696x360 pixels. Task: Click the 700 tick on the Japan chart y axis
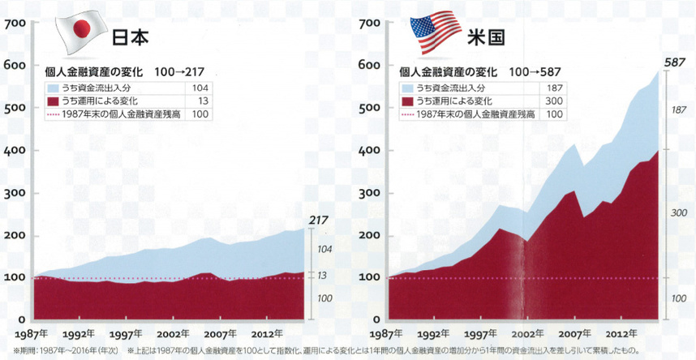click(x=15, y=24)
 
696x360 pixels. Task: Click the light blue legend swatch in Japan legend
click(x=54, y=87)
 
